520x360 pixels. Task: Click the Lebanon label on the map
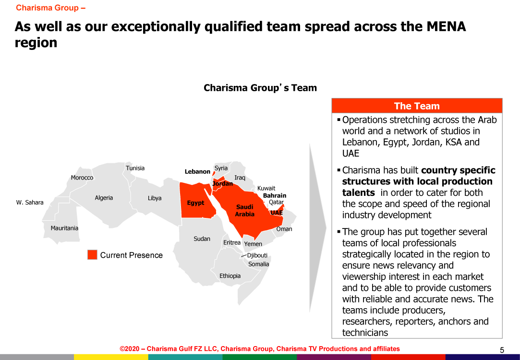[x=197, y=171]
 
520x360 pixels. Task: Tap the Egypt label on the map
[x=195, y=203]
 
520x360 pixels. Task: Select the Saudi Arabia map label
[x=245, y=211]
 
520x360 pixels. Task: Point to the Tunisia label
[x=135, y=168]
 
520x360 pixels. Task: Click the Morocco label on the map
[x=82, y=178]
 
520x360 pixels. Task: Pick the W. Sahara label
[x=30, y=202]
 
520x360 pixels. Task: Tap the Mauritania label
[x=64, y=228]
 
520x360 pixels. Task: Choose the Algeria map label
[x=104, y=198]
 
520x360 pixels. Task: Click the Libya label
[x=155, y=198]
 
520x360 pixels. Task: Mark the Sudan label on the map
[x=202, y=239]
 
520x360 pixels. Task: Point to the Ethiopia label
[x=230, y=276]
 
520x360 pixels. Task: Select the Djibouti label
[x=257, y=255]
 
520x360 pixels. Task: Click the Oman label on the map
[x=284, y=229]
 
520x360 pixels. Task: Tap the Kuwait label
[x=266, y=188]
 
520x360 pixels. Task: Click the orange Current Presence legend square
[x=92, y=254]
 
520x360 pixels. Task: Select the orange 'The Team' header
[x=417, y=106]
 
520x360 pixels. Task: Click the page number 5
[x=502, y=350]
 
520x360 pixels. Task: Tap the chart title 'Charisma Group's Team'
[x=260, y=88]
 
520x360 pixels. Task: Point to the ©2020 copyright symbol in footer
[x=122, y=349]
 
